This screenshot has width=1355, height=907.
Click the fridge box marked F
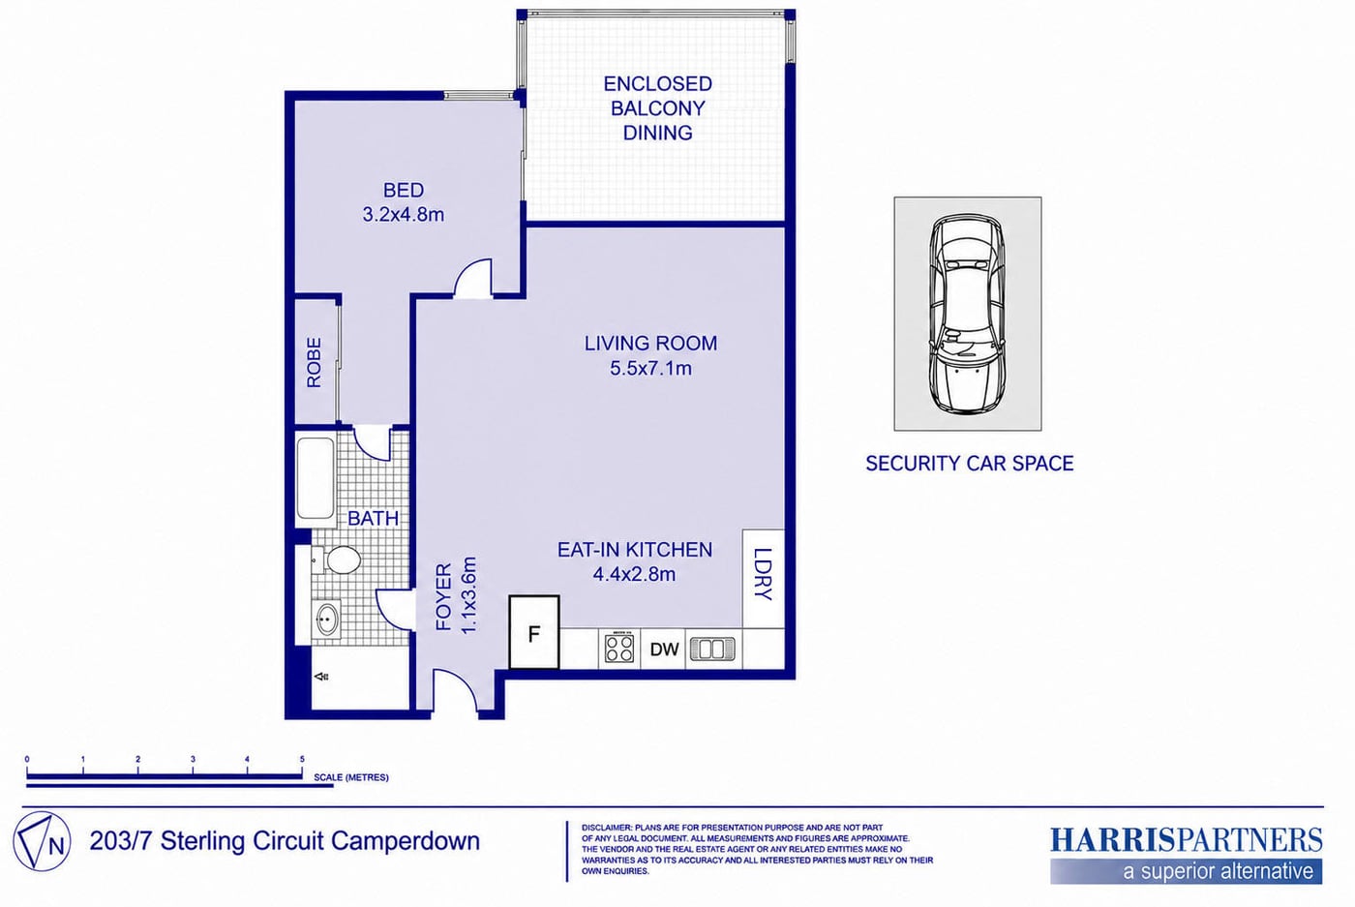[534, 632]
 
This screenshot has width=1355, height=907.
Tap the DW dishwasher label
[664, 650]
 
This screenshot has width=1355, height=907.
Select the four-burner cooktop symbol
[619, 648]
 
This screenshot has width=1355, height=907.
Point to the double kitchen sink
[712, 649]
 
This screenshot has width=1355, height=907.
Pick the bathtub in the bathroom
[316, 482]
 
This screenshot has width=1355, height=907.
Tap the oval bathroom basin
[326, 620]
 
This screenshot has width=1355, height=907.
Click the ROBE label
[315, 362]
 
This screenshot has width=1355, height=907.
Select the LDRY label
[764, 574]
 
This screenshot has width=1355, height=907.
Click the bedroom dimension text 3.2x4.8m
[404, 214]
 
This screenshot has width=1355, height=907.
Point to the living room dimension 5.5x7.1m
[650, 368]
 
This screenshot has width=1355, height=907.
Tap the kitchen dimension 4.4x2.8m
[634, 574]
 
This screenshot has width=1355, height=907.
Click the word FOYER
[444, 597]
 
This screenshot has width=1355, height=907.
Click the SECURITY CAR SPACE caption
[969, 464]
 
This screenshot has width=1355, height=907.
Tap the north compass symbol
[42, 841]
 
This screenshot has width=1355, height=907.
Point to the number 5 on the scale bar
[302, 759]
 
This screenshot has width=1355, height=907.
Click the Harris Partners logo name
[1187, 840]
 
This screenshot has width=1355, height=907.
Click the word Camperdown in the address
[406, 841]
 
